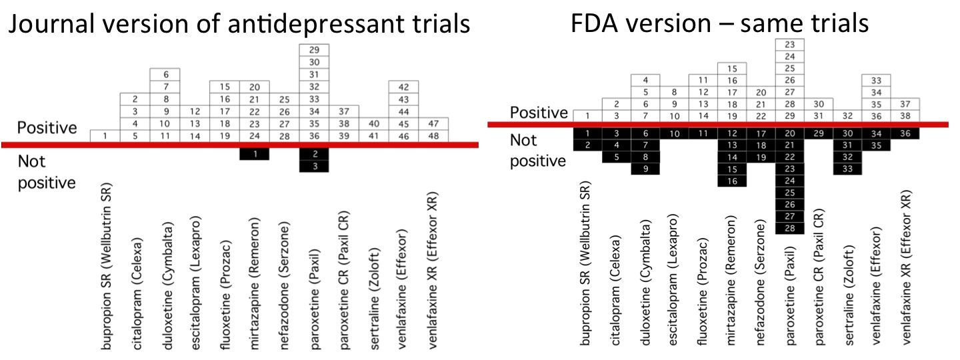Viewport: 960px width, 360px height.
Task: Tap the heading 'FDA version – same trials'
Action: coord(720,23)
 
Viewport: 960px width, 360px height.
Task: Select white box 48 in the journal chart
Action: coord(433,136)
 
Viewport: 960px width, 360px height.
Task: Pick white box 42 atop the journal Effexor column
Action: coord(403,87)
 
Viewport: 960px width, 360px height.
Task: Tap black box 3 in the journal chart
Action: coord(314,167)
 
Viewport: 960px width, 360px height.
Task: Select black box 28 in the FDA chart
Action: coord(789,229)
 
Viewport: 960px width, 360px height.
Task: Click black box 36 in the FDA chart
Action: coord(905,133)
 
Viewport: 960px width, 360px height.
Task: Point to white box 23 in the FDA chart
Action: coord(789,45)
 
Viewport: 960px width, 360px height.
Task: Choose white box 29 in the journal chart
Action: coord(314,50)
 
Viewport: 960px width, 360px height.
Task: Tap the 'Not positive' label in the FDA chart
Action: coord(537,151)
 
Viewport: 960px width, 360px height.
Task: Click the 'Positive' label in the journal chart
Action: coord(47,127)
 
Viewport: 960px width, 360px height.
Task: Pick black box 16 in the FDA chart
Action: coord(732,181)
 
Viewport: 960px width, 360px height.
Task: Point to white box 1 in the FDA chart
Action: coord(587,116)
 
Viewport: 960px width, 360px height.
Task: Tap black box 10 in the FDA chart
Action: coord(674,133)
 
